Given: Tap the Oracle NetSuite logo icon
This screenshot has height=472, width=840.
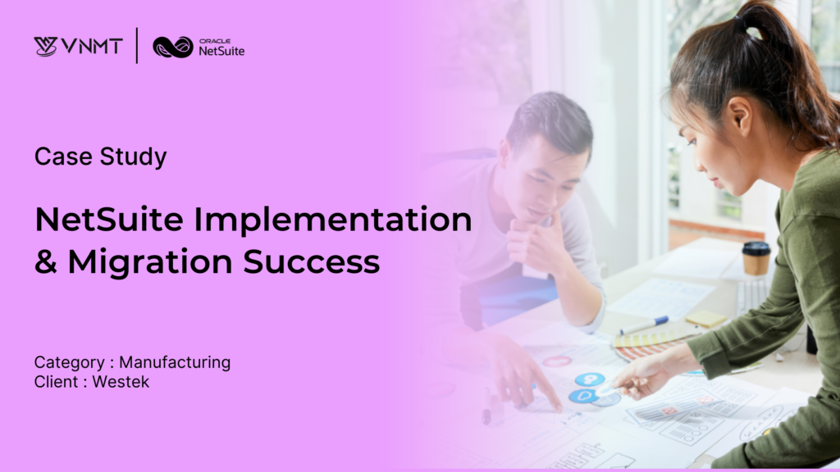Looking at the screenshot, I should tap(172, 47).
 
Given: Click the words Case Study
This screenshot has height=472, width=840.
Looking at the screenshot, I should tap(100, 157).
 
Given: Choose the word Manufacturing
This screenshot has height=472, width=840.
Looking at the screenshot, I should tap(175, 362).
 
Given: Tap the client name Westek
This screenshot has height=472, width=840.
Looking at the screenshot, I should tap(121, 382).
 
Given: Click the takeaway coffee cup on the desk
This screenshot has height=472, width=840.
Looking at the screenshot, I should tap(756, 258).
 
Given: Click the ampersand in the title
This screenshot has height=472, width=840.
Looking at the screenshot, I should tap(44, 262).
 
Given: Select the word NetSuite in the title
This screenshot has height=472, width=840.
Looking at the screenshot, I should tap(103, 220).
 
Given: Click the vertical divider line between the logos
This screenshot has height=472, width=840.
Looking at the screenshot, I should tap(137, 46).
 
